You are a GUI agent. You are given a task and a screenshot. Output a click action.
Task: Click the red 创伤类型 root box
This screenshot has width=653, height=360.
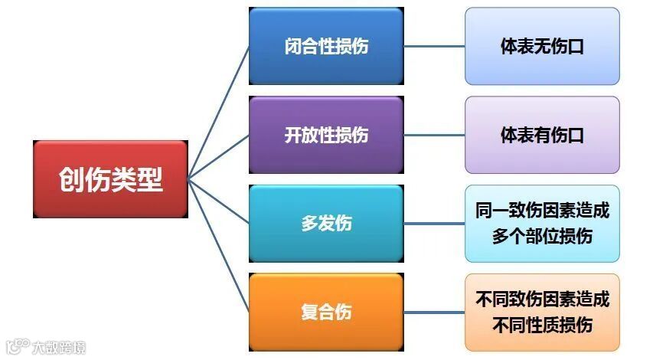(111, 179)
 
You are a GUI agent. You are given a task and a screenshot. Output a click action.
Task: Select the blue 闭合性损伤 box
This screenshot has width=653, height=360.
(325, 46)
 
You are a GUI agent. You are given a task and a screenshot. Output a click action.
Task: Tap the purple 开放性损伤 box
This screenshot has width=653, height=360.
(325, 135)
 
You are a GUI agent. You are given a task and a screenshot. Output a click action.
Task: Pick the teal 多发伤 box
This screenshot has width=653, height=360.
(325, 224)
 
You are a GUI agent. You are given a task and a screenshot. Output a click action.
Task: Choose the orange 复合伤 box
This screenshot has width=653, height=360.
(325, 313)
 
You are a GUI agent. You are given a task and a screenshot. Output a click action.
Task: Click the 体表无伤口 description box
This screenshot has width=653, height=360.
(542, 46)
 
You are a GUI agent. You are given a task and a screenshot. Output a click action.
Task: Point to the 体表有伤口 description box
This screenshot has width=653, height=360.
(542, 135)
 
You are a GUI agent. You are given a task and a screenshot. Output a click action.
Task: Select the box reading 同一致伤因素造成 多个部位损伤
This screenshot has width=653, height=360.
(542, 224)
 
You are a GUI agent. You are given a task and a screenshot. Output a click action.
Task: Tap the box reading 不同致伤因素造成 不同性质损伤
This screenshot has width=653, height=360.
(542, 313)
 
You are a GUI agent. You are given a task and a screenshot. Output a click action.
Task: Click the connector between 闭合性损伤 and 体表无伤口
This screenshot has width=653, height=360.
(434, 46)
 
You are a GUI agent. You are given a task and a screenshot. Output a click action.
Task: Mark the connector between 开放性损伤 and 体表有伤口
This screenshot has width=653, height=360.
(434, 135)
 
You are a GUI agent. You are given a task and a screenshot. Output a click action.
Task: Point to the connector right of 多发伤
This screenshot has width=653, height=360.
(434, 224)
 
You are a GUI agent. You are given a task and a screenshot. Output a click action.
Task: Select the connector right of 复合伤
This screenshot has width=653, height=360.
(434, 313)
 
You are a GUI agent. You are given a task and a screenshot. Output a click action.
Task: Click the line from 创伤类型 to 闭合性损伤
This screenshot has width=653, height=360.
(219, 111)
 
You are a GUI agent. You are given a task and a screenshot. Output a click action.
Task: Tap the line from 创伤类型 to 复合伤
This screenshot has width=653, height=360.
(219, 246)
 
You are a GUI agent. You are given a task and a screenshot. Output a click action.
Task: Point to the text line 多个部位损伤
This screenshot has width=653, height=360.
(542, 235)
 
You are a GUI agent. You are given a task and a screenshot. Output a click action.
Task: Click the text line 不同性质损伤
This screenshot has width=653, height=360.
(542, 324)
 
